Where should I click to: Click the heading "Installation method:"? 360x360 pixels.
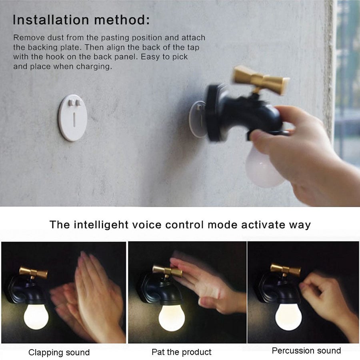(81, 20)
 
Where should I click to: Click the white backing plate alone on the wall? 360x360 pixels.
(73, 118)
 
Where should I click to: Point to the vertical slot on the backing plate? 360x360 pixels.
(74, 120)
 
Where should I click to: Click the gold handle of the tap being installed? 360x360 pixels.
(260, 80)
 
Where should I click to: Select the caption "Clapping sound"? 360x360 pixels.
(59, 352)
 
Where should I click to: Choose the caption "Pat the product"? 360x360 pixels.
(181, 352)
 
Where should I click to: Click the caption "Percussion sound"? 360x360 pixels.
(306, 351)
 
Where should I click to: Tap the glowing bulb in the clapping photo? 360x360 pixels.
(36, 317)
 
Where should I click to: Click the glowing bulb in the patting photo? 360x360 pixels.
(172, 318)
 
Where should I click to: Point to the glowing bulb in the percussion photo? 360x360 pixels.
(288, 317)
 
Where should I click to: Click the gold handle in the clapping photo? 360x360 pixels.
(33, 272)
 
